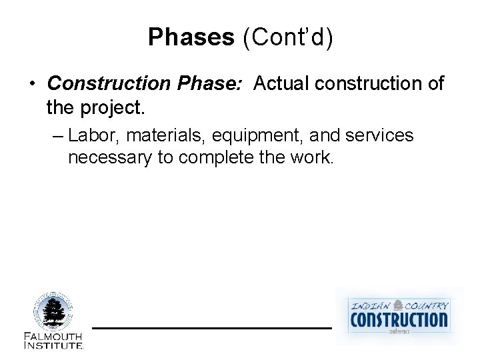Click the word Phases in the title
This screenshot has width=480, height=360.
pyautogui.click(x=191, y=37)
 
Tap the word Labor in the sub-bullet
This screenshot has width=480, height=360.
pyautogui.click(x=94, y=136)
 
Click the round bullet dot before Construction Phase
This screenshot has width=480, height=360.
pyautogui.click(x=32, y=85)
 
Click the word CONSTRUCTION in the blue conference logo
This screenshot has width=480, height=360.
pyautogui.click(x=399, y=319)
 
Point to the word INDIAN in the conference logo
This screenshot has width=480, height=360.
pyautogui.click(x=371, y=305)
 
